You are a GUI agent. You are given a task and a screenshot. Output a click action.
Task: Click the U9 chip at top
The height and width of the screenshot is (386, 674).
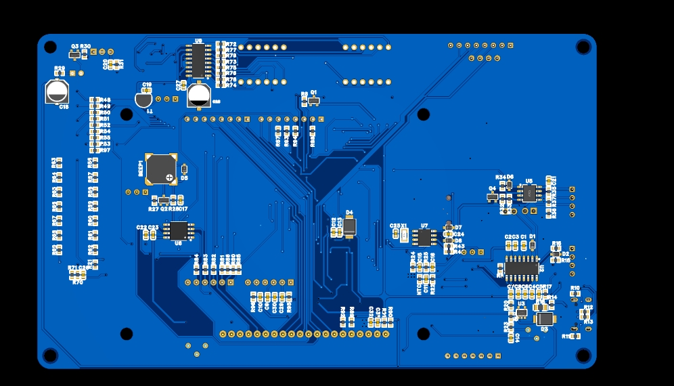point(198,62)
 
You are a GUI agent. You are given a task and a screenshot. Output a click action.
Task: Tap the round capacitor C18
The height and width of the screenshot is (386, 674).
point(58,91)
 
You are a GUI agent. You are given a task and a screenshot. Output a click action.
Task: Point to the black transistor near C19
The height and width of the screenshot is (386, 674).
point(143,100)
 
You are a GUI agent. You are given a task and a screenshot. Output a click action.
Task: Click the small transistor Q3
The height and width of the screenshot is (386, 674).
point(74,53)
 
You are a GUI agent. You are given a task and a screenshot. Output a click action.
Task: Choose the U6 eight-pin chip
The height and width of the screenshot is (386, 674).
point(179,230)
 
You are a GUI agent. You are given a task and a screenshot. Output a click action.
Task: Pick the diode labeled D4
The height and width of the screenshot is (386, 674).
point(349,226)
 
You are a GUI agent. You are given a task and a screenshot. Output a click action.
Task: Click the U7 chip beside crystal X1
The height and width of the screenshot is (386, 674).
point(425,237)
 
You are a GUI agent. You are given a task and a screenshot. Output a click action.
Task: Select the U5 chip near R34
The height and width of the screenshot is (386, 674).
point(529,194)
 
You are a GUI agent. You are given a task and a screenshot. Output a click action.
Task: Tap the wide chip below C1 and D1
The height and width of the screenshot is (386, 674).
point(521,267)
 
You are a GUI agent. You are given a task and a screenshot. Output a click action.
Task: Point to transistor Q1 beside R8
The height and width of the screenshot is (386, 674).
point(314,101)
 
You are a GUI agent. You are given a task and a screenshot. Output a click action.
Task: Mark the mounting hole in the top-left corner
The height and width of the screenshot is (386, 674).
point(50,47)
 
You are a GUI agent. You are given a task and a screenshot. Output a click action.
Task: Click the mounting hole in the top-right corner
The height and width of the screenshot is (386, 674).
point(583,46)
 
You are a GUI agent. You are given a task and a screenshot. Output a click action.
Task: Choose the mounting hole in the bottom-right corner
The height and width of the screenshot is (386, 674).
point(583,356)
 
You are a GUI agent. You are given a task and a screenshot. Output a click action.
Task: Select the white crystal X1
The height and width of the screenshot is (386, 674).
point(404,235)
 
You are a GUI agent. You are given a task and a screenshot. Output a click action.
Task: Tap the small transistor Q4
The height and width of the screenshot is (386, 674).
point(493,197)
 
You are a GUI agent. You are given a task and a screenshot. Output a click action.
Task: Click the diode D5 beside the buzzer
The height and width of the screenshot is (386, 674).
point(184,169)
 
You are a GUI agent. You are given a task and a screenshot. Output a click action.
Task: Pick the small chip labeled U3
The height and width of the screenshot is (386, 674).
point(521,312)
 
